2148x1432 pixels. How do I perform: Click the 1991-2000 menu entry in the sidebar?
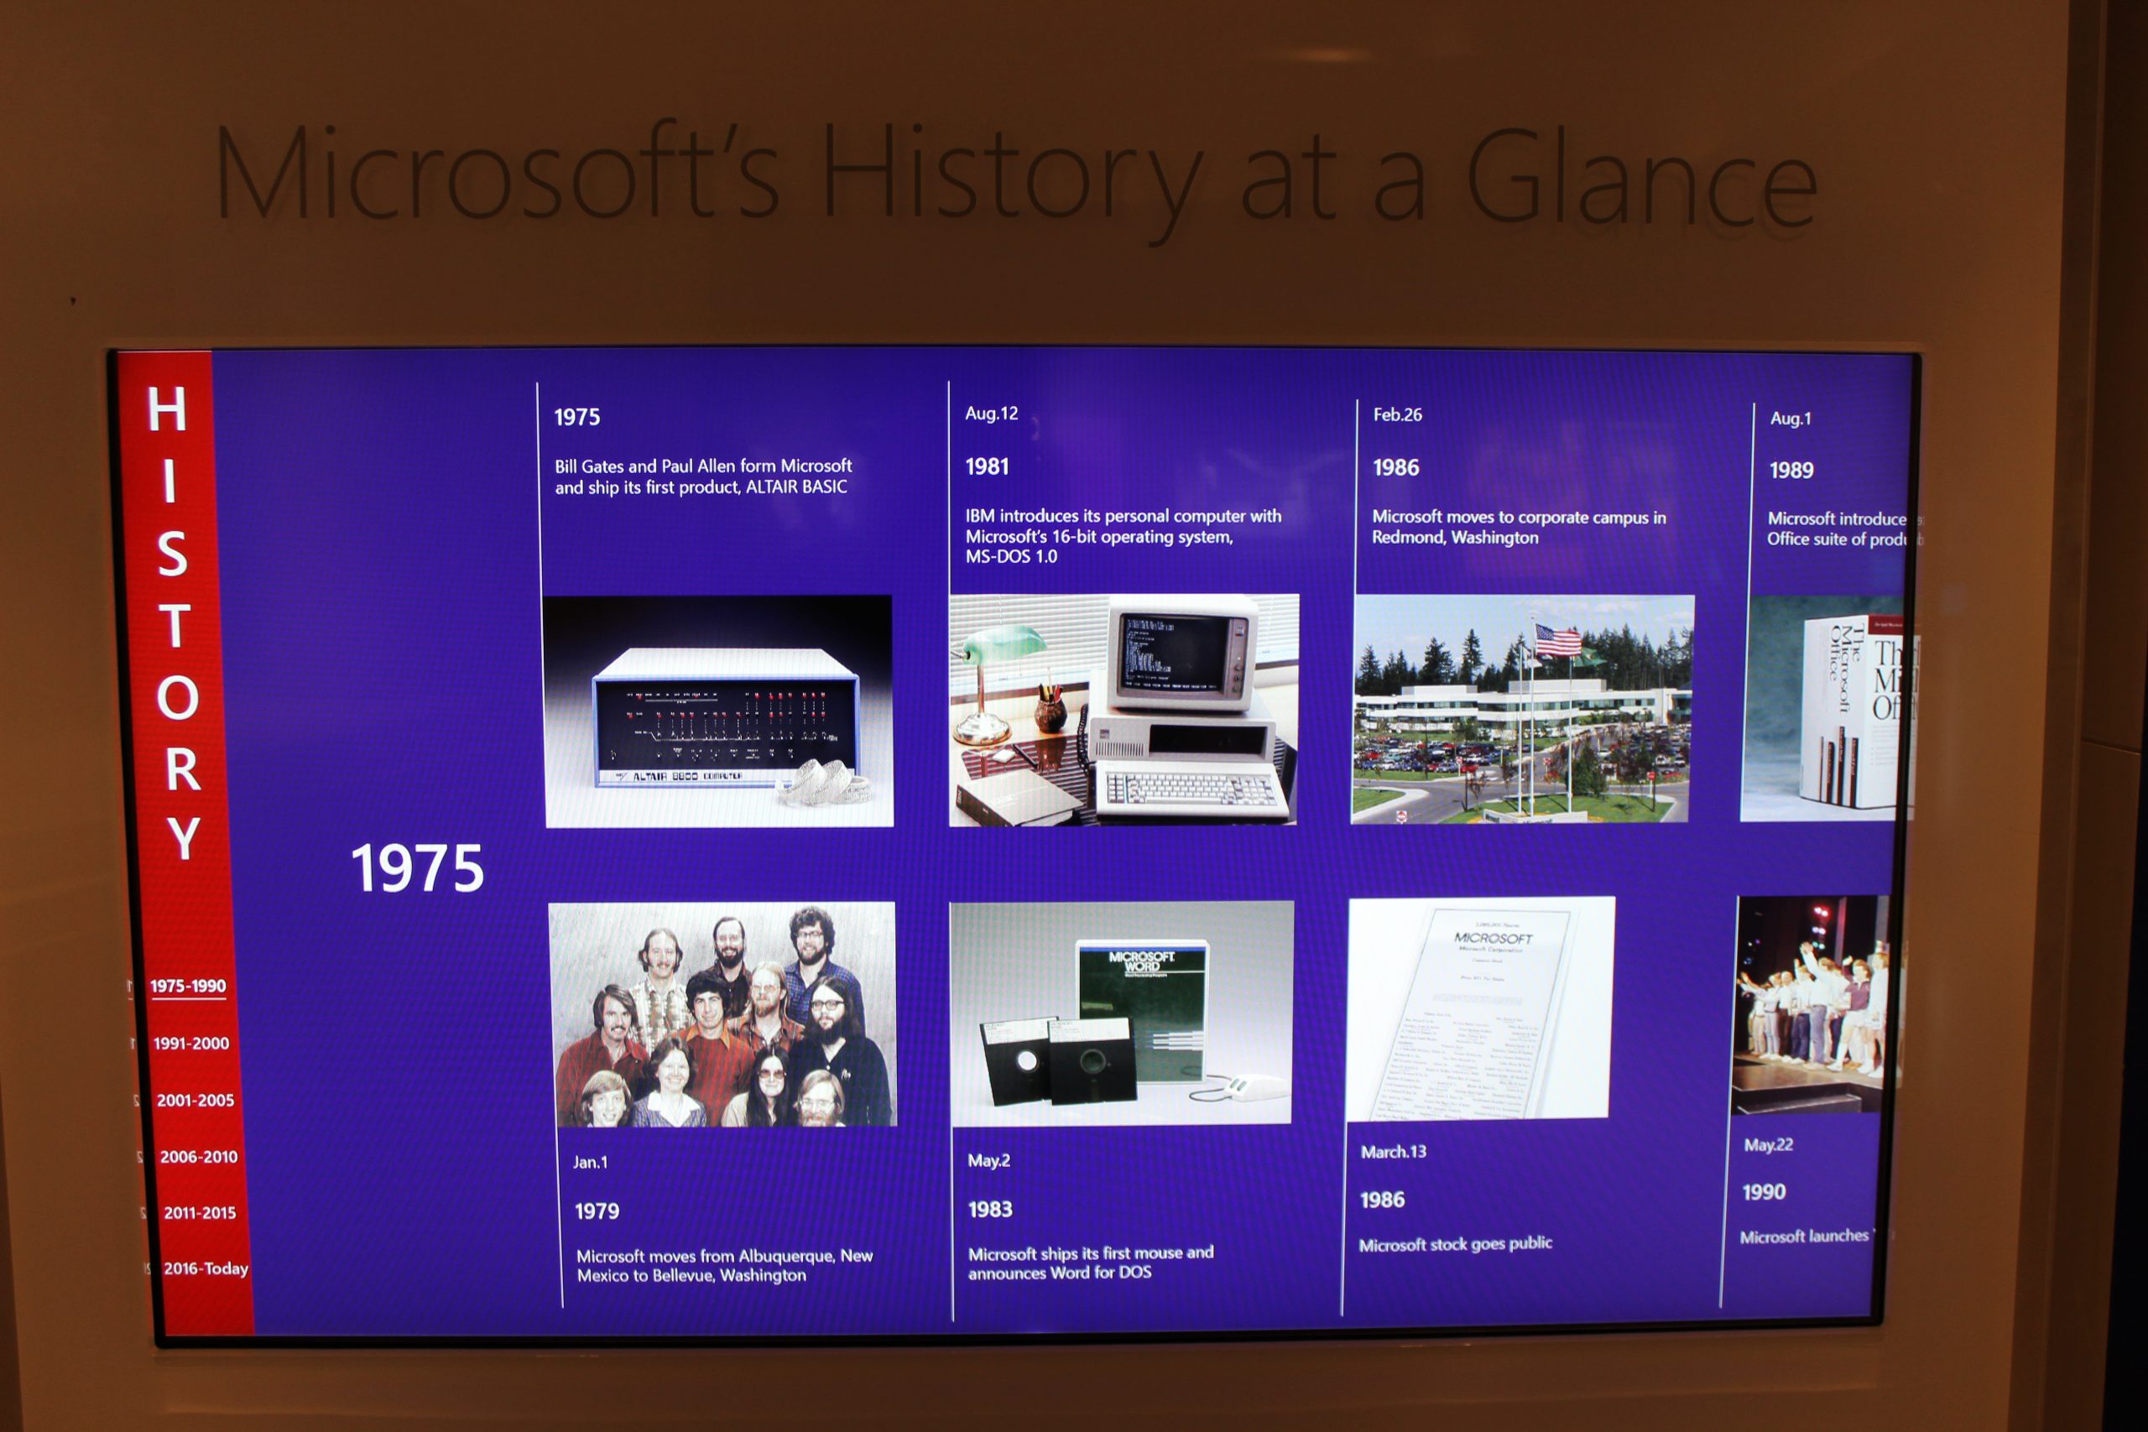coord(190,1043)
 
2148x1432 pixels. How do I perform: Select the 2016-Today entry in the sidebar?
coord(206,1268)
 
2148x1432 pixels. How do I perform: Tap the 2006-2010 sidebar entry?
coord(198,1156)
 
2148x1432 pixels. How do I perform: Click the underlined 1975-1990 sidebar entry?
coord(187,987)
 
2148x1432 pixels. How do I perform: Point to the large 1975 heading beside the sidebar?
coord(417,867)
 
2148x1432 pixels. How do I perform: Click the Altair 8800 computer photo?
coord(719,711)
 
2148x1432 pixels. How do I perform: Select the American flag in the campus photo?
coord(1557,641)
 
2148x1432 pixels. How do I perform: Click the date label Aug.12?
coord(991,414)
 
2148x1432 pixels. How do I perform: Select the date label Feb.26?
coord(1397,414)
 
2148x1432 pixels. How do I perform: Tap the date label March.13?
coord(1393,1153)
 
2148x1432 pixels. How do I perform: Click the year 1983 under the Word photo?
coord(990,1210)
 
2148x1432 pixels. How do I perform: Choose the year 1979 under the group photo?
coord(597,1212)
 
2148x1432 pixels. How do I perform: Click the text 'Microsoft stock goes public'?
coord(1455,1244)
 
